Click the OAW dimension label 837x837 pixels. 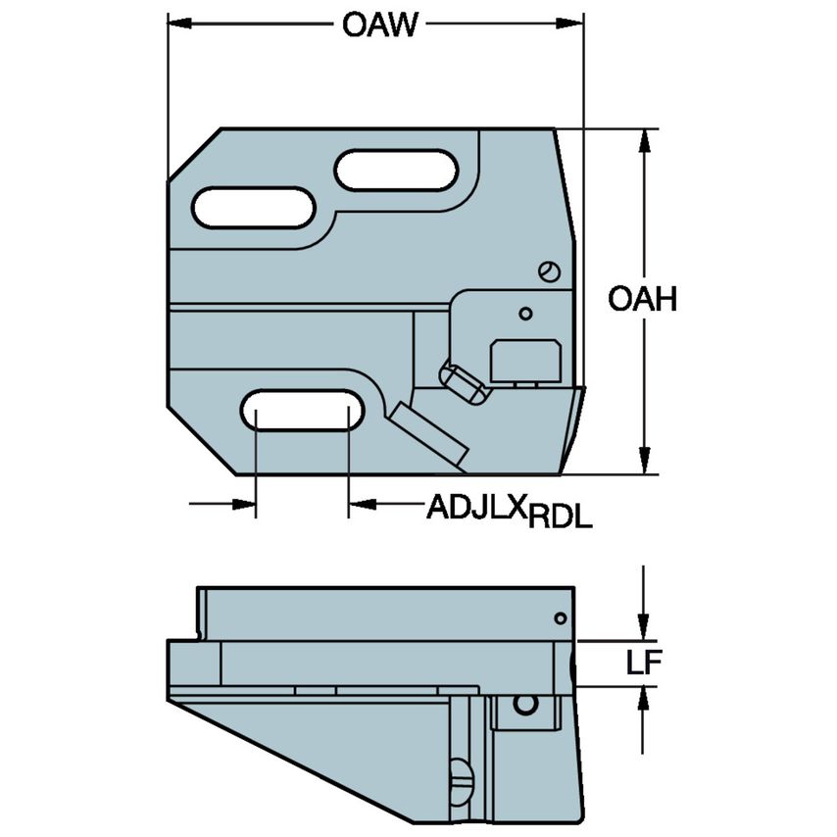point(379,24)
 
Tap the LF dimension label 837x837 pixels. point(645,664)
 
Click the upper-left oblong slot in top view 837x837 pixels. point(253,208)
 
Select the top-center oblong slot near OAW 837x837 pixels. point(397,171)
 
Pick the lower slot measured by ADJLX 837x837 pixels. point(302,410)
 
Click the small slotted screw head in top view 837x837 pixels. point(550,271)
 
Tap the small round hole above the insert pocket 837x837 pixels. point(526,314)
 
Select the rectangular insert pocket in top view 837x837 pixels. point(524,359)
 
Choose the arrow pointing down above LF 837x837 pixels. point(644,628)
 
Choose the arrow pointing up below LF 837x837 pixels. point(644,698)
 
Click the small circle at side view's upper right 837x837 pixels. point(560,617)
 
